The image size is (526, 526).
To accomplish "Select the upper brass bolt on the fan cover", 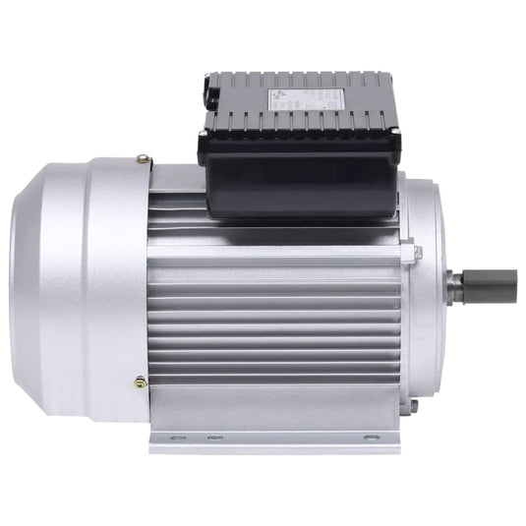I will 144,157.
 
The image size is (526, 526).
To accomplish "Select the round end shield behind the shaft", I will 423,285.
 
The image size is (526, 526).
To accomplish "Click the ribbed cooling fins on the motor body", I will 275,305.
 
